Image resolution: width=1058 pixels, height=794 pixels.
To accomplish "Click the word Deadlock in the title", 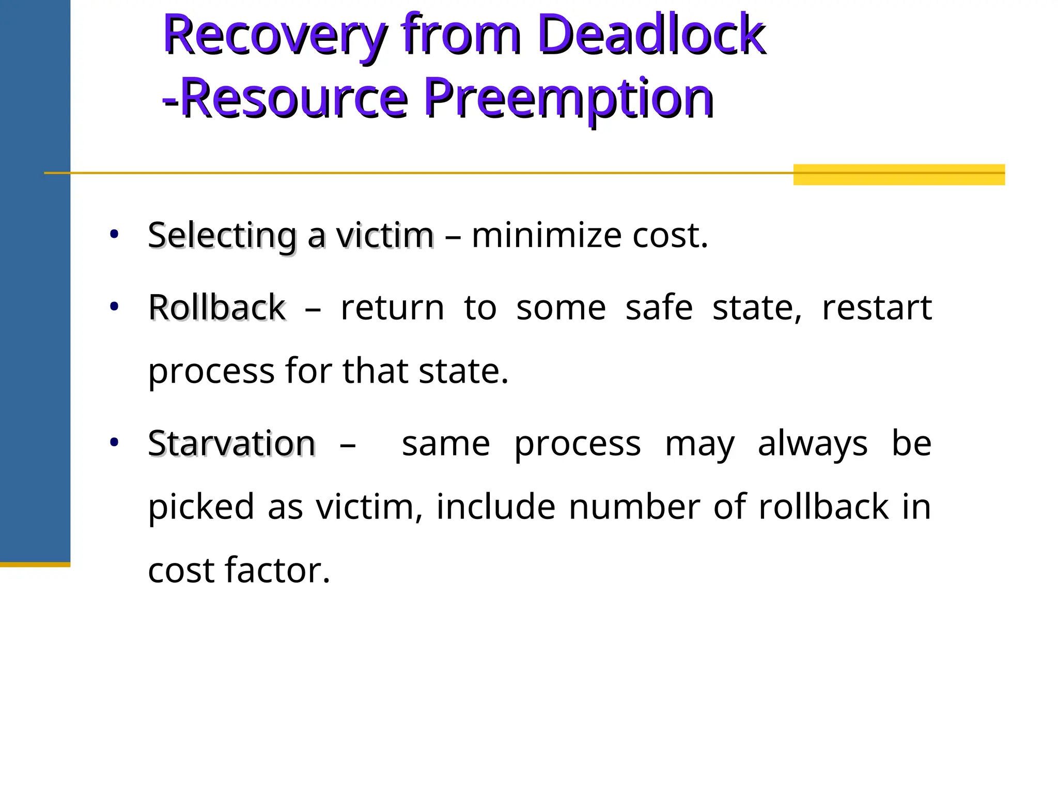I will coord(651,35).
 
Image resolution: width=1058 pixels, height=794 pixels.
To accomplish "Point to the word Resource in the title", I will coord(294,98).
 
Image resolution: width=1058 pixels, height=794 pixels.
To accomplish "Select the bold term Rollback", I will coord(217,308).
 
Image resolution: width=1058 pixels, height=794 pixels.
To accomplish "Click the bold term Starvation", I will coord(231,444).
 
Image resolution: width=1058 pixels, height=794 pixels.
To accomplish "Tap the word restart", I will coord(877,308).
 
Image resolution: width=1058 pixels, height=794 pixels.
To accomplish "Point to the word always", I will coord(813,444).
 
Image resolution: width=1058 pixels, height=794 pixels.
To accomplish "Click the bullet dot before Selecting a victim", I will coord(114,235).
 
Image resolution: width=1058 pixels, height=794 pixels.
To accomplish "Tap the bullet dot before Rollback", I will coord(114,307).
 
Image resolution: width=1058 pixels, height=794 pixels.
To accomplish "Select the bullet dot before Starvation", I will coord(114,442).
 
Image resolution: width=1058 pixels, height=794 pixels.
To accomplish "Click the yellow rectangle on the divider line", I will coord(899,175).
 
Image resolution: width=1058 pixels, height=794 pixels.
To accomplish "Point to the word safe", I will coord(659,308).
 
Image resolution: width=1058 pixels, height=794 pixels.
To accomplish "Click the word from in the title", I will coord(462,35).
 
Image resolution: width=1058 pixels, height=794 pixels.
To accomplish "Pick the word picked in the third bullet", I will coord(201,507).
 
